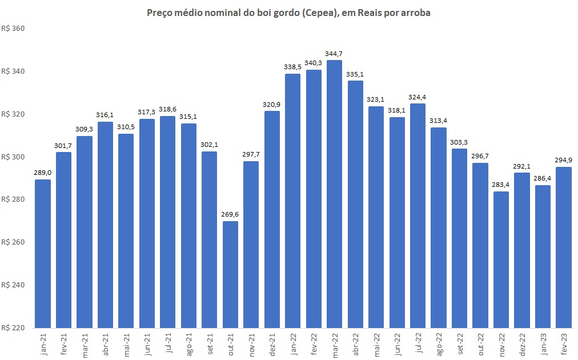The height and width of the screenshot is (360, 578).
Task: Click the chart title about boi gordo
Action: point(288,13)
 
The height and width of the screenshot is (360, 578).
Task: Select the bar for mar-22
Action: point(334,194)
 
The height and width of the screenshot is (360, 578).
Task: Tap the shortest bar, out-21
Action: point(230,274)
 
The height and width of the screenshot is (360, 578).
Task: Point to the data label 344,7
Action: point(334,54)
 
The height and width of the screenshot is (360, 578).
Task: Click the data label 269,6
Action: point(230,214)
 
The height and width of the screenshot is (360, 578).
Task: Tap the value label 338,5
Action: point(292,67)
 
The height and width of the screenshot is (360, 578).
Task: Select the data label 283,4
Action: point(501,185)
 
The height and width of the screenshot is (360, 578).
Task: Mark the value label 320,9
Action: point(272,105)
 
